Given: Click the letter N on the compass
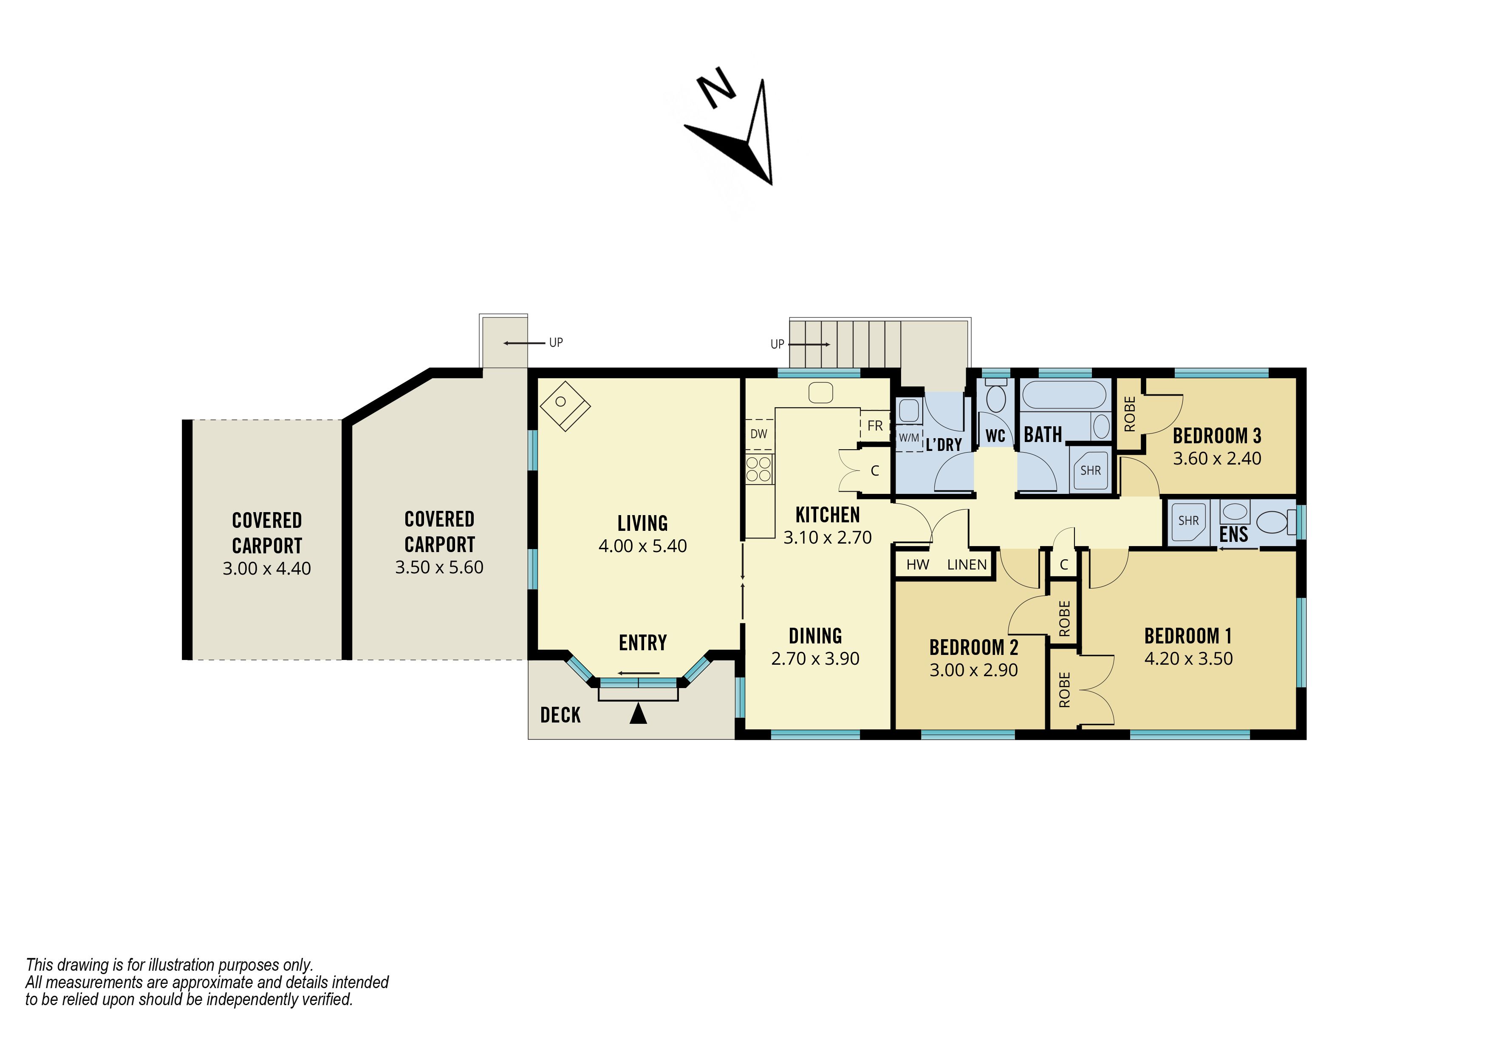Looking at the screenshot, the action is (x=716, y=87).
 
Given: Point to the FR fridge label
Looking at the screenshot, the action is (x=875, y=426).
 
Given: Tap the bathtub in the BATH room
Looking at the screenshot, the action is (x=1064, y=394).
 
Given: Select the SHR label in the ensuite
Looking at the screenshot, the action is (x=1188, y=521).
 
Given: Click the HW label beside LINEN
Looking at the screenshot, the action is (x=918, y=565).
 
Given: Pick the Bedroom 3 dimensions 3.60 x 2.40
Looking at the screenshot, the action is (x=1217, y=458).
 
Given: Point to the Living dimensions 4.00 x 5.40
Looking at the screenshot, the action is (x=642, y=546).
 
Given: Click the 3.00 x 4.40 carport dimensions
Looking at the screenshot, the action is (x=267, y=569).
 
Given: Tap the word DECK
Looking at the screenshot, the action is (x=561, y=715).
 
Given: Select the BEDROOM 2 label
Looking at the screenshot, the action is (x=973, y=647).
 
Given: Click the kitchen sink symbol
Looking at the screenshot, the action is (x=820, y=393).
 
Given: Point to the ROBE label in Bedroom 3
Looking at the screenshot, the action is (x=1130, y=414).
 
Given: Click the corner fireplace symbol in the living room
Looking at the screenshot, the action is (x=565, y=405).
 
